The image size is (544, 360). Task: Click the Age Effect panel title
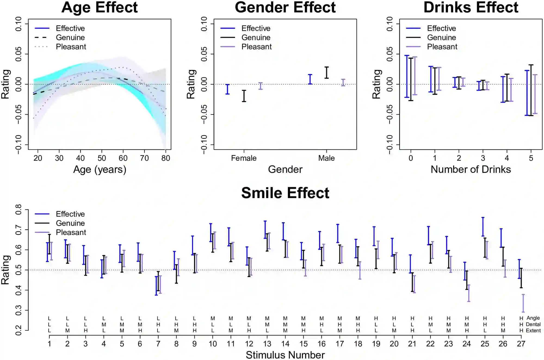(x=100, y=7)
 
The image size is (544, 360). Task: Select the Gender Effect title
(x=285, y=7)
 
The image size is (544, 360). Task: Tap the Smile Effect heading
(x=285, y=193)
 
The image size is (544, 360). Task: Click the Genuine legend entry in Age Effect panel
(x=70, y=38)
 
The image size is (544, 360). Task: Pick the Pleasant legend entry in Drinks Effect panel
(x=442, y=47)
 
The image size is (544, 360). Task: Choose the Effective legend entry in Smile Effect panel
(x=70, y=214)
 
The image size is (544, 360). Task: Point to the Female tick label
(x=244, y=158)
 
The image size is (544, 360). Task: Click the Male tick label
(x=326, y=158)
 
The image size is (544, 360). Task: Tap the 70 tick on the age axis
(x=144, y=158)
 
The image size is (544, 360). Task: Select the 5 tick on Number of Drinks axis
(x=531, y=158)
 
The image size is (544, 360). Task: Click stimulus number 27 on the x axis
(x=521, y=344)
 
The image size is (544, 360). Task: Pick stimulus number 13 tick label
(x=267, y=344)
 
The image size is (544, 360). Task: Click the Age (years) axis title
(x=100, y=170)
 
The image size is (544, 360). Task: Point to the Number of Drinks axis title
(x=471, y=170)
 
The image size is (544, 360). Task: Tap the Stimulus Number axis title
(x=285, y=355)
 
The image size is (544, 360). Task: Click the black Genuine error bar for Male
(x=327, y=73)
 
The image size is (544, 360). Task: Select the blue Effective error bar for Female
(x=228, y=89)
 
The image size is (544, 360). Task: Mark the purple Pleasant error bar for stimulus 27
(x=523, y=303)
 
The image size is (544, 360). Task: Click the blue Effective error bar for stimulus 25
(x=483, y=227)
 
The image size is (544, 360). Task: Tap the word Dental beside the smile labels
(x=533, y=324)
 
